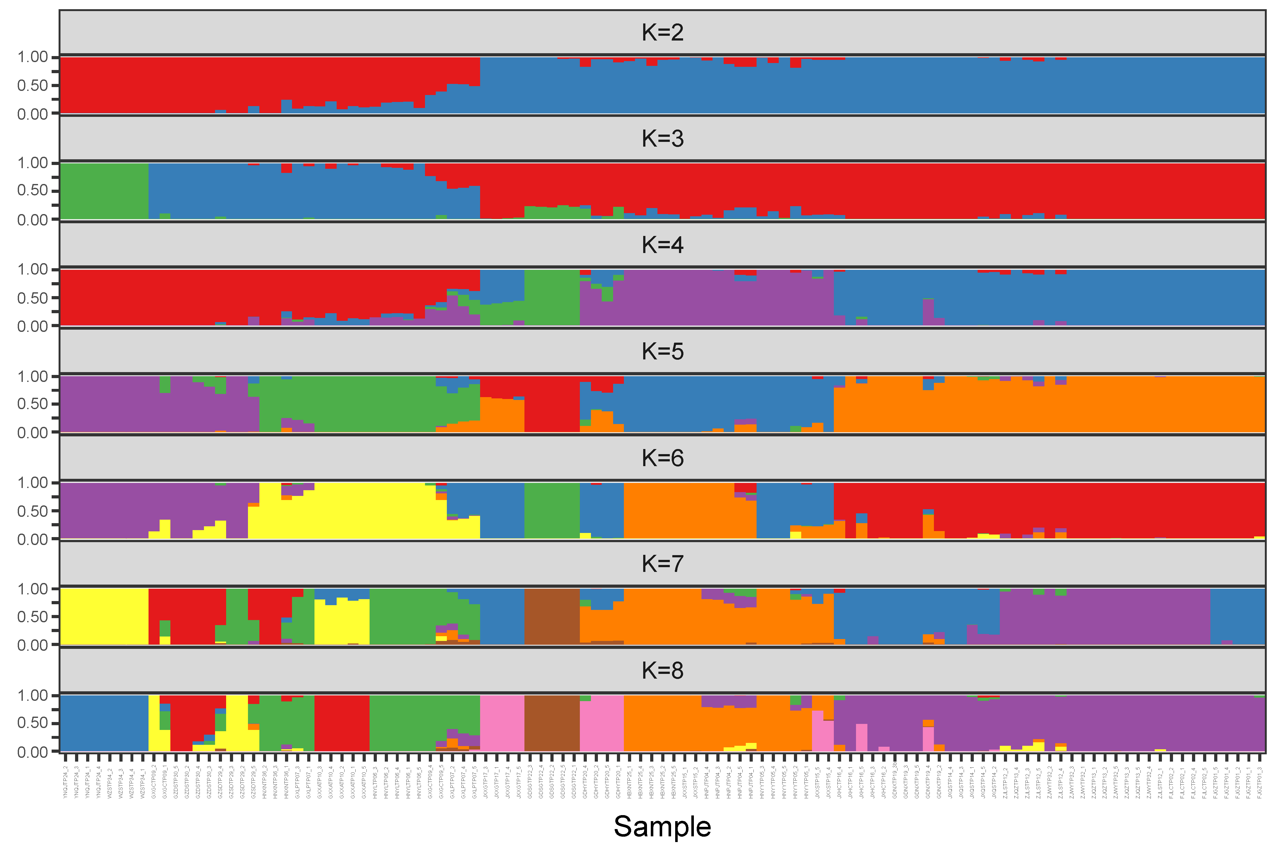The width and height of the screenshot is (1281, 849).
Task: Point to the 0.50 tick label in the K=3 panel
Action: tap(33, 191)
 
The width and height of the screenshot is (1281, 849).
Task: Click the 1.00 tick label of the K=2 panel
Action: tap(33, 57)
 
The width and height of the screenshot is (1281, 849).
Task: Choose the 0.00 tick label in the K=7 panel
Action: tap(33, 645)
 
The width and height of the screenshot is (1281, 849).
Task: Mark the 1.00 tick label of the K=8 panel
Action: tap(33, 695)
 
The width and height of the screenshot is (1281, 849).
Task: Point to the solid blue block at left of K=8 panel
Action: tap(104, 723)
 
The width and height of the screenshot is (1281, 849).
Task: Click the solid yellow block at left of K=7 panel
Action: tap(104, 617)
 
